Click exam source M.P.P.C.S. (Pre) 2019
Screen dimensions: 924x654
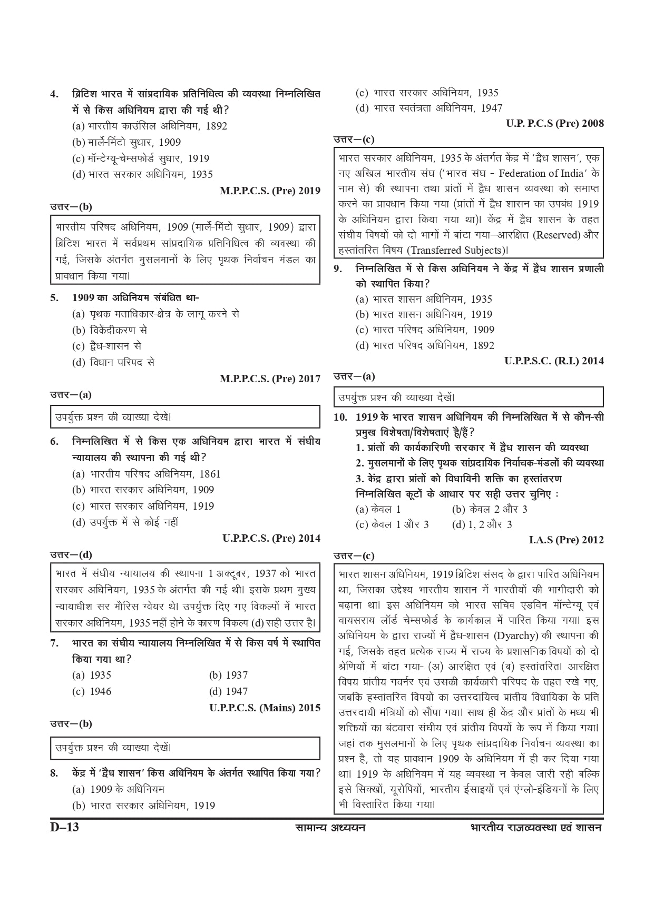(x=270, y=191)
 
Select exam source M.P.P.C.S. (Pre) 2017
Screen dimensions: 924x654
(x=270, y=379)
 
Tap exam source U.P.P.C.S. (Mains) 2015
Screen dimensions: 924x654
(x=265, y=708)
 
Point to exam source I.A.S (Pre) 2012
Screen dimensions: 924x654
(x=566, y=540)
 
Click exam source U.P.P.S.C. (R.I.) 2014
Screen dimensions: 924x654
(x=554, y=361)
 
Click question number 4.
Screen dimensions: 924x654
(x=54, y=94)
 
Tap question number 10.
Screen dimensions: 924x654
(x=340, y=417)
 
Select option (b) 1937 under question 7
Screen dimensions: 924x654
(x=228, y=675)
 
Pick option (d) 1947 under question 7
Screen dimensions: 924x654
(x=228, y=691)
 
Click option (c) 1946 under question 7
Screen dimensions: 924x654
(x=92, y=691)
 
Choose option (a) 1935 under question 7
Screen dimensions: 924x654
(x=92, y=675)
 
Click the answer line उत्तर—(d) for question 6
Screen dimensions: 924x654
(x=71, y=554)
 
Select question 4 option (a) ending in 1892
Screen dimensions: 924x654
(x=150, y=126)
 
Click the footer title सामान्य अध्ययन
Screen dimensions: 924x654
(x=330, y=827)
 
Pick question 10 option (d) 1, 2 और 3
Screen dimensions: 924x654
(x=482, y=524)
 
